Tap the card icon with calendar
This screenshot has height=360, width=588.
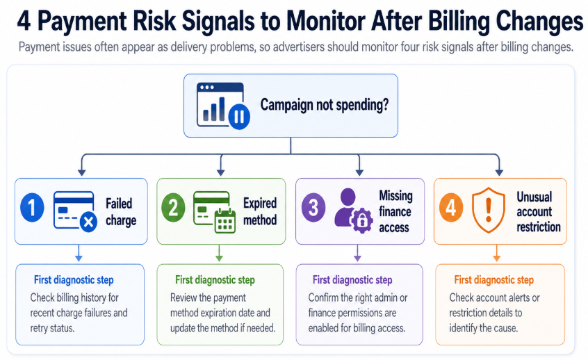pyautogui.click(x=214, y=211)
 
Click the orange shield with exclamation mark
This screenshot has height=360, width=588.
pyautogui.click(x=489, y=210)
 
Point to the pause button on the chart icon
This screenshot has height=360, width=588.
pyautogui.click(x=238, y=116)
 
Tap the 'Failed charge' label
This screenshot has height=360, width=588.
pyautogui.click(x=121, y=212)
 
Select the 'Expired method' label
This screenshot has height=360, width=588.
pyautogui.click(x=260, y=211)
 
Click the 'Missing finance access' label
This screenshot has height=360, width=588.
pyautogui.click(x=395, y=211)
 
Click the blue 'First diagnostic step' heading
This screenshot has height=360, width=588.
pyautogui.click(x=74, y=280)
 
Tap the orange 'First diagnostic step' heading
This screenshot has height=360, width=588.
pyautogui.click(x=493, y=280)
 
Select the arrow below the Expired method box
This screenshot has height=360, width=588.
pyautogui.click(x=220, y=254)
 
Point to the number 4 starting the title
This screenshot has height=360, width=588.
pyautogui.click(x=23, y=22)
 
